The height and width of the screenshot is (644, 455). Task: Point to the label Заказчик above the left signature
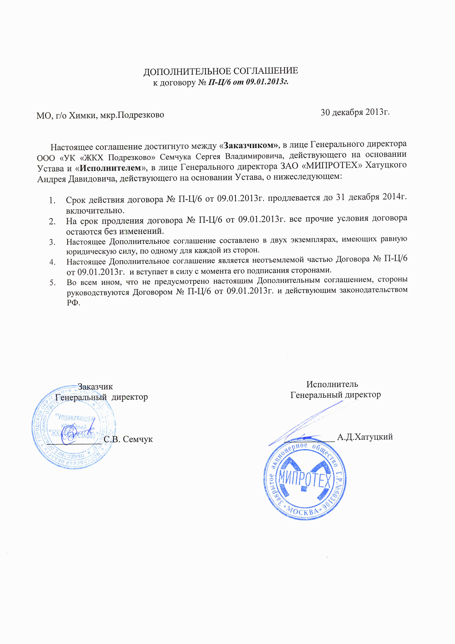pyautogui.click(x=95, y=386)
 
